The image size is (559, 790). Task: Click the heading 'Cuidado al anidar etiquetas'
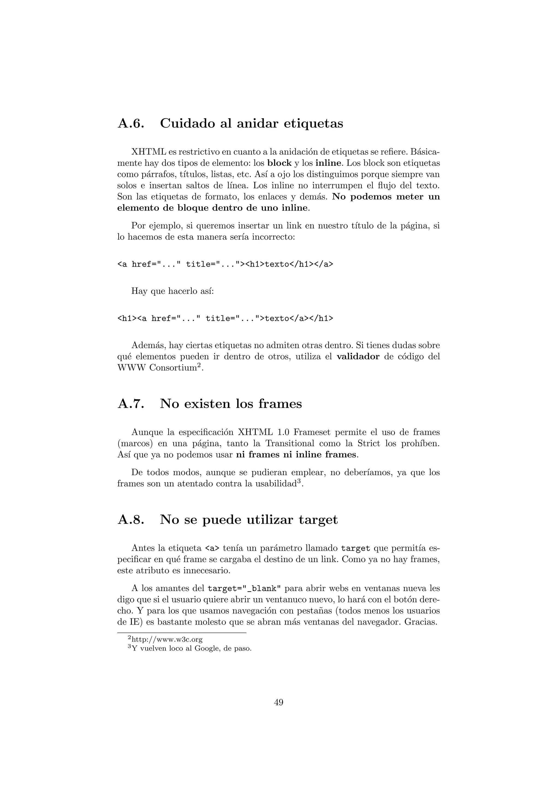pos(251,123)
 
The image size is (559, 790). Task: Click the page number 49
pos(279,702)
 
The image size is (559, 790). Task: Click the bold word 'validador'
pos(358,357)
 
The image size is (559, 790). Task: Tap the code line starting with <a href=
pos(225,264)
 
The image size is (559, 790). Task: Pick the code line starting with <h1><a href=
pos(225,318)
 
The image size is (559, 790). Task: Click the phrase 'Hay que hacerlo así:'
pos(173,291)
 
